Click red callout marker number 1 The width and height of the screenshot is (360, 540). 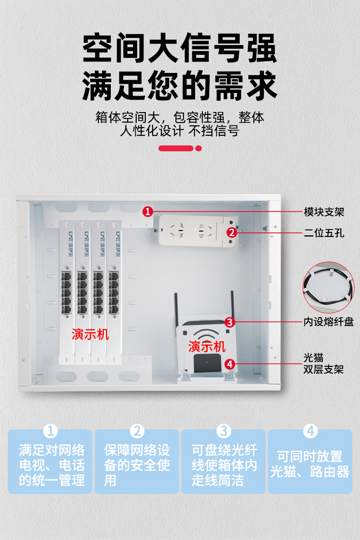coord(148,211)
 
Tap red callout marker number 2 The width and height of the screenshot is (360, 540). coord(232,232)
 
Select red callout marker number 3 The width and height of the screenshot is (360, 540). coord(230,322)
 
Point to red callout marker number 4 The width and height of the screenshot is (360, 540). coord(230,364)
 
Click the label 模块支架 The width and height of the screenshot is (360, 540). coord(324,212)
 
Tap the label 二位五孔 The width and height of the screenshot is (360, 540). coord(324,233)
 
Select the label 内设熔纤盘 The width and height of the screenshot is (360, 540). coord(329,322)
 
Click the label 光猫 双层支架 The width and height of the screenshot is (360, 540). coord(324,363)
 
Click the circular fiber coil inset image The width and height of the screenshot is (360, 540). coord(329,287)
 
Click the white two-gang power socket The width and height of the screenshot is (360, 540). coord(198,231)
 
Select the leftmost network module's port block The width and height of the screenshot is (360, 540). coord(66,293)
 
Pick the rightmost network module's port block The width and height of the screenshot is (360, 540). coord(113,293)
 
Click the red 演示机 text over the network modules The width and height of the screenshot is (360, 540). coord(90,334)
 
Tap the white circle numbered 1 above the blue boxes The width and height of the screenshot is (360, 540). coord(50,431)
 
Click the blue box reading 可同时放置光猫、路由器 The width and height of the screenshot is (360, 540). coord(310,462)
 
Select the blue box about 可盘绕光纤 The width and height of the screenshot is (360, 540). coord(224,462)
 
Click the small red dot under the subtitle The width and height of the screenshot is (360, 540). coord(198,149)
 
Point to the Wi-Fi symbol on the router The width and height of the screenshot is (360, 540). coord(206,334)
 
